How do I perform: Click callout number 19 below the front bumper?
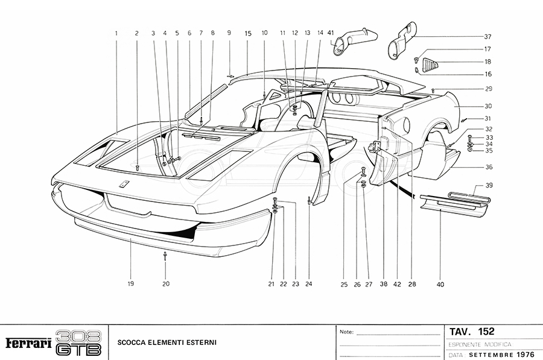[x=130, y=283]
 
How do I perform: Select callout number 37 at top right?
[x=487, y=36]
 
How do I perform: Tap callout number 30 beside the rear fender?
[x=487, y=106]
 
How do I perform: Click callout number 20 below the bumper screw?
[x=166, y=283]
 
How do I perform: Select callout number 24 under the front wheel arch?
[x=309, y=283]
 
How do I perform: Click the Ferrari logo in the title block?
[x=28, y=343]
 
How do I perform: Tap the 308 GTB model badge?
[x=78, y=343]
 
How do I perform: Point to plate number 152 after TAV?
[x=486, y=332]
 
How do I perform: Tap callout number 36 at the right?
[x=487, y=168]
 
